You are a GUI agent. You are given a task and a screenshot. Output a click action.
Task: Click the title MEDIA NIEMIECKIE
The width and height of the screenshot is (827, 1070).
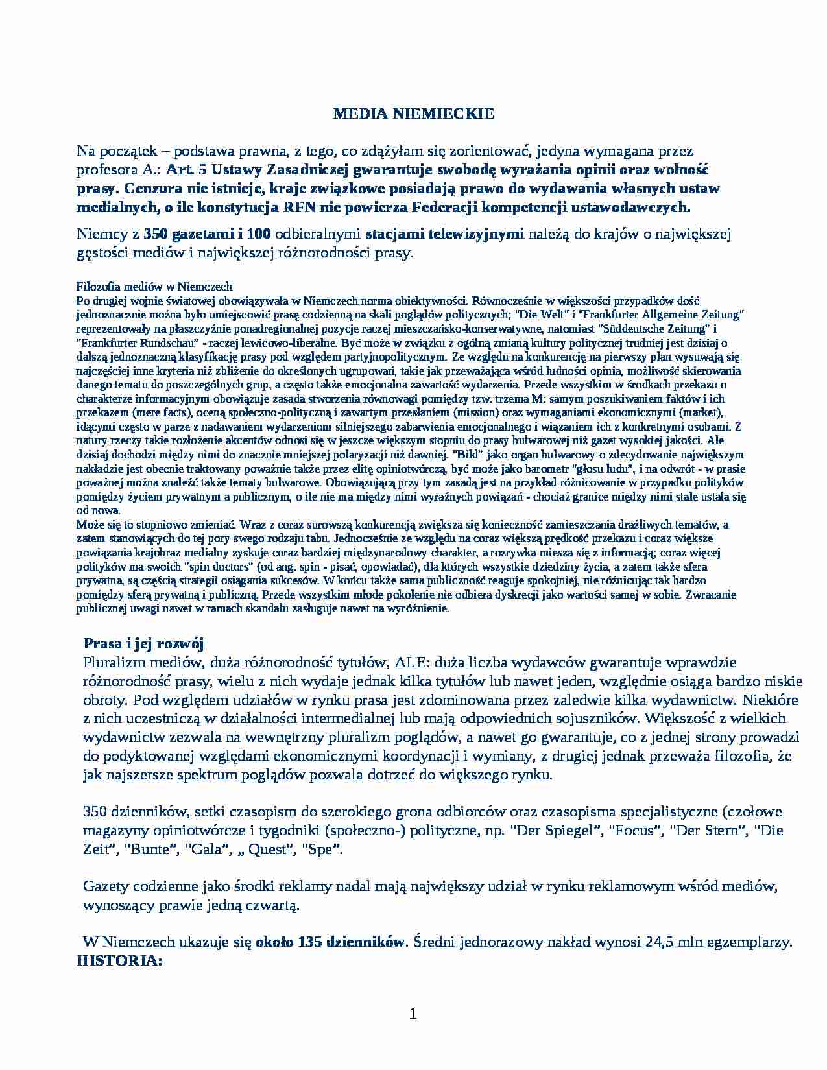tap(413, 114)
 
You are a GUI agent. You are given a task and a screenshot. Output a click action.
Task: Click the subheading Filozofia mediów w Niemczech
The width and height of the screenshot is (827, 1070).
tap(154, 287)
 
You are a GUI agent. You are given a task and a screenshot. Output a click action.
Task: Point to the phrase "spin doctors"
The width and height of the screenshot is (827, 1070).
tap(206, 567)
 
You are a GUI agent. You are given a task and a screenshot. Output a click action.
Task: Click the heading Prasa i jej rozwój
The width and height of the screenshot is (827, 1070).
tap(143, 644)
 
